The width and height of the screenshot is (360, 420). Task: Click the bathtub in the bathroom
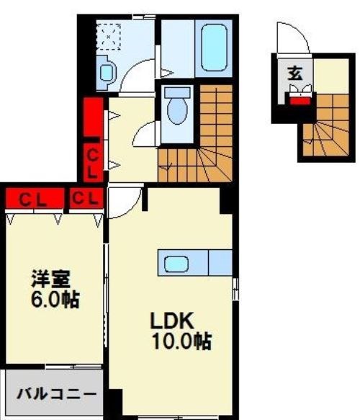[x=213, y=48]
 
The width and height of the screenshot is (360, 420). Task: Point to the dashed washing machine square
[x=110, y=35]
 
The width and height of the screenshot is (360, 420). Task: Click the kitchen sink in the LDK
[x=176, y=264]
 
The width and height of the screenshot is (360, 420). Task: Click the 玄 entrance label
[x=294, y=73]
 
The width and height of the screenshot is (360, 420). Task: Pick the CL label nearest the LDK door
[x=86, y=200]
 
